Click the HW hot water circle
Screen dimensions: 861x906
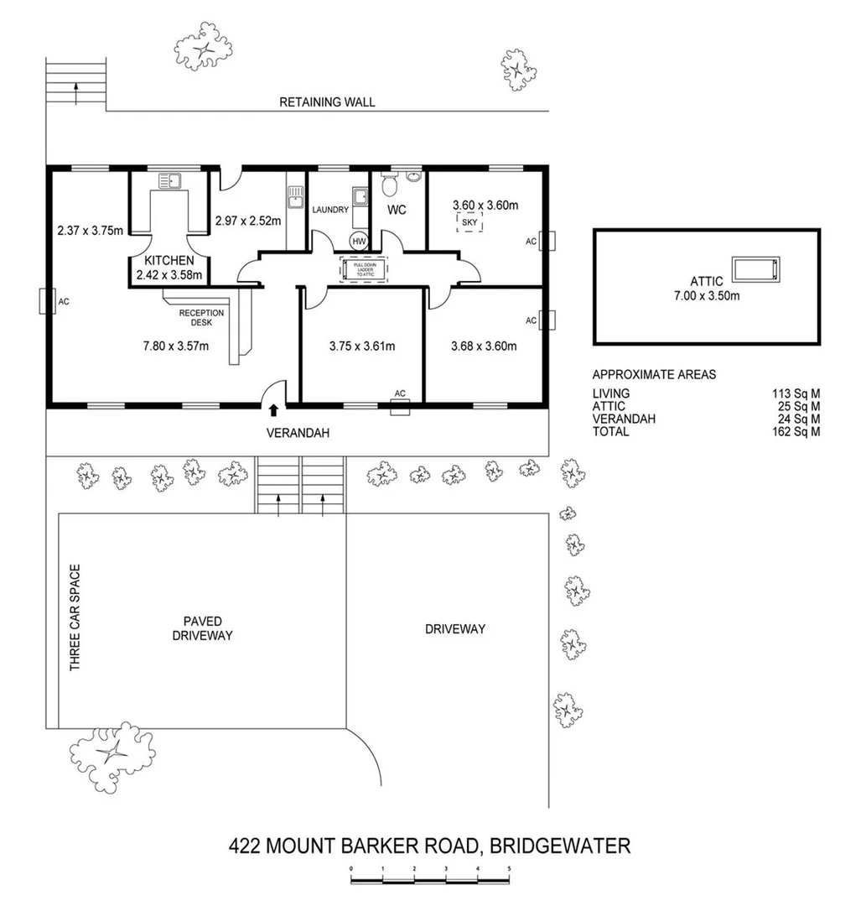(359, 241)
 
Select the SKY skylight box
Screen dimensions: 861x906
(469, 222)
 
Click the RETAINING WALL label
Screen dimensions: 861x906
(327, 102)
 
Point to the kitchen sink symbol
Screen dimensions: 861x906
(169, 180)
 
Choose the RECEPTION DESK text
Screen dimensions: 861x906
(201, 317)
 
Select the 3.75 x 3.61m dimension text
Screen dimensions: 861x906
(362, 346)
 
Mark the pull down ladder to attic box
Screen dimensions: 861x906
(361, 269)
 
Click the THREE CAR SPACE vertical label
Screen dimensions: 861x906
(75, 617)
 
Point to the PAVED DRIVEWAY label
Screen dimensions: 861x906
(202, 628)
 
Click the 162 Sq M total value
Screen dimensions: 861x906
(796, 431)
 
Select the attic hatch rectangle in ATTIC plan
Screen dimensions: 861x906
(756, 269)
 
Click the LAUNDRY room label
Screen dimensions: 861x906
(330, 209)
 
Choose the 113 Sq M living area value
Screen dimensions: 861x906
(796, 393)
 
